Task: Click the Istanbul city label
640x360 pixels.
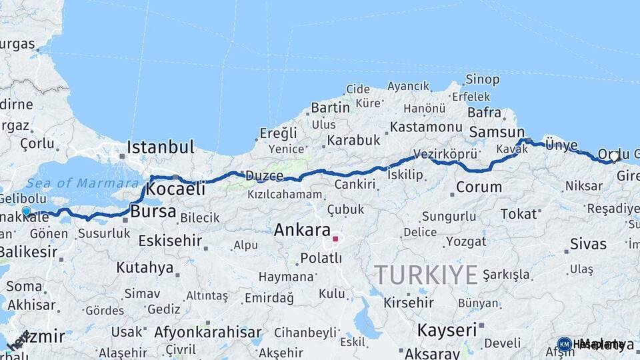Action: [x=161, y=147]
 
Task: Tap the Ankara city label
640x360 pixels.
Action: [x=302, y=231]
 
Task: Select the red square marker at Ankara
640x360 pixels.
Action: [x=335, y=238]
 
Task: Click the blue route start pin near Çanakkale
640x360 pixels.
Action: [x=26, y=211]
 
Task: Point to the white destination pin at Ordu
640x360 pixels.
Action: [x=614, y=157]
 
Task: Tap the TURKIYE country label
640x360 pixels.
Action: [x=426, y=274]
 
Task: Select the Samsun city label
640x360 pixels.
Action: [x=497, y=132]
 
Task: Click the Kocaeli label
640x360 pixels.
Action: [x=175, y=189]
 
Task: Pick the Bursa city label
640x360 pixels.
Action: [x=153, y=213]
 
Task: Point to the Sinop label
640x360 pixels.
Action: [x=482, y=80]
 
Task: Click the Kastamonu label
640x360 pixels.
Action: [x=426, y=127]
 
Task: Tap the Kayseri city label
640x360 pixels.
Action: [x=447, y=330]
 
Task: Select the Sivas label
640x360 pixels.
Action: [x=588, y=244]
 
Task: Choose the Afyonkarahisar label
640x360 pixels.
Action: [x=207, y=332]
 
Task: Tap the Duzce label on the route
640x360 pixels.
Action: [x=265, y=176]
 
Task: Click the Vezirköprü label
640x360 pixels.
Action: [x=445, y=154]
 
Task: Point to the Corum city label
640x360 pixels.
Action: [x=479, y=187]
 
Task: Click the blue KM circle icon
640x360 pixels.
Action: [x=565, y=344]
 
